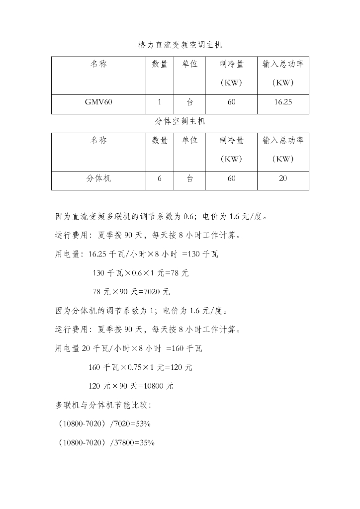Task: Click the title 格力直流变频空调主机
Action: point(183,45)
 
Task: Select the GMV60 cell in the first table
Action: point(98,102)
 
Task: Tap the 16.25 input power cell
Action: point(282,102)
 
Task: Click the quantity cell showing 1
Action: point(160,102)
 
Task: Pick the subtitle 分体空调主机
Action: point(180,121)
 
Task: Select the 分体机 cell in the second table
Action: point(98,178)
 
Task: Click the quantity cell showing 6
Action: point(160,178)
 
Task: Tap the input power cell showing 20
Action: point(282,178)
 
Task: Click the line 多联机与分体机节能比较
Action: point(103,405)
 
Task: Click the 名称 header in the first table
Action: point(98,64)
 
